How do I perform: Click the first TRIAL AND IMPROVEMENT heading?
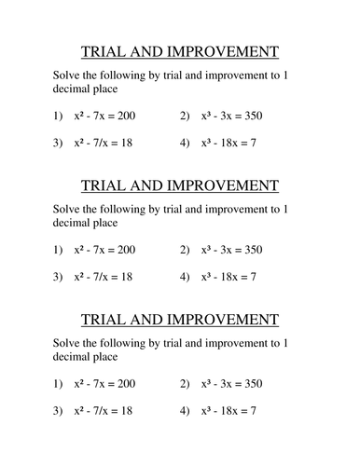click(180, 52)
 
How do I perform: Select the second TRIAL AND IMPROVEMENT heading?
click(180, 185)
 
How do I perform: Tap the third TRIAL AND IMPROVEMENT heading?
click(180, 320)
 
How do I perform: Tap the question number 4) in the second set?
click(185, 278)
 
